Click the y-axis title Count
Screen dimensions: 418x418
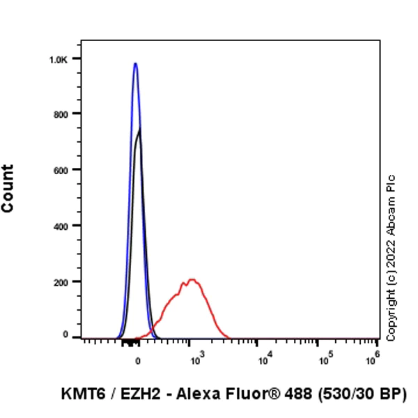point(8,189)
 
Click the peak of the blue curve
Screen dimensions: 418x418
point(135,63)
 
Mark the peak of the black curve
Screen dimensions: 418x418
point(140,128)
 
